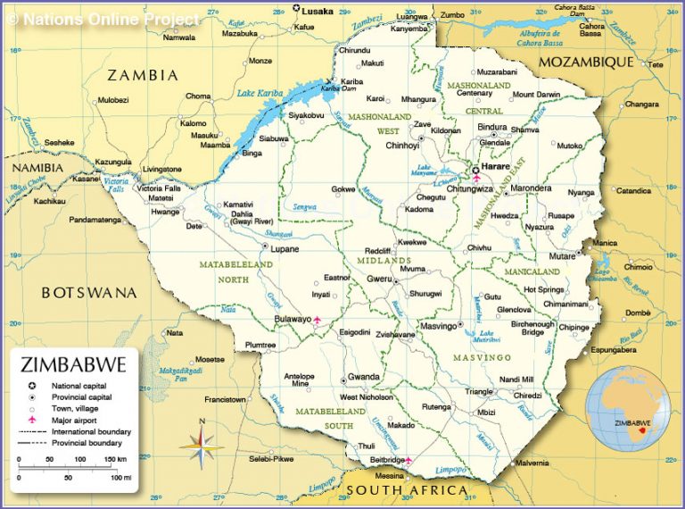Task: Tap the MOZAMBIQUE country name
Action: point(586,63)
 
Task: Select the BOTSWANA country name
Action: point(89,292)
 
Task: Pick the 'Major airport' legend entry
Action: point(72,419)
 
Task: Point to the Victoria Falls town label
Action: point(159,188)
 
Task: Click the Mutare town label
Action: point(561,255)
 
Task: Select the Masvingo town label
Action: point(438,325)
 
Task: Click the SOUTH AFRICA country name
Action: point(407,490)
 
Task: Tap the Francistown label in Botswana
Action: point(225,398)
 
